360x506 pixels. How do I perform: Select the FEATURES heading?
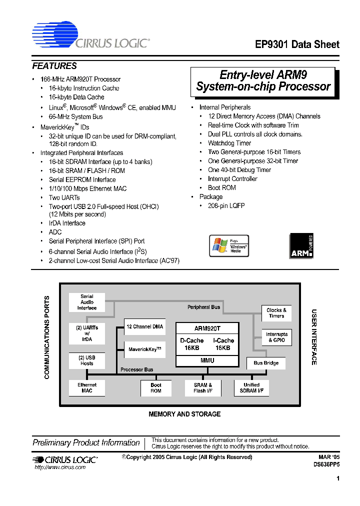54,66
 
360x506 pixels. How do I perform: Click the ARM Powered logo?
301,246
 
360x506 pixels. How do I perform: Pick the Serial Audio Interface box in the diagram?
86,302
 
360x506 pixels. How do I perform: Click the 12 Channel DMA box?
144,326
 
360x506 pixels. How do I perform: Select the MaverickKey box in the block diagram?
144,349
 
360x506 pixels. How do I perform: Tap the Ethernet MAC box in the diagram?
86,387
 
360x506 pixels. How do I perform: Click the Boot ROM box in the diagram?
156,387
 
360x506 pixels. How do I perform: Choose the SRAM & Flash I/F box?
202,387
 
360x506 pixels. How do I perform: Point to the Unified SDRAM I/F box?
251,387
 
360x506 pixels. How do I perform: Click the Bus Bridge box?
266,363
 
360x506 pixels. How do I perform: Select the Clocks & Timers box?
276,313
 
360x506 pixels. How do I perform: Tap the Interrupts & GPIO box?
276,337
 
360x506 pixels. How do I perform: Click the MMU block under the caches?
207,360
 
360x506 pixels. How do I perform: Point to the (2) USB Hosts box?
86,360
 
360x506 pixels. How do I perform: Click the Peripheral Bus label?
204,307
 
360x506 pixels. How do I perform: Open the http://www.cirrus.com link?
60,467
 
